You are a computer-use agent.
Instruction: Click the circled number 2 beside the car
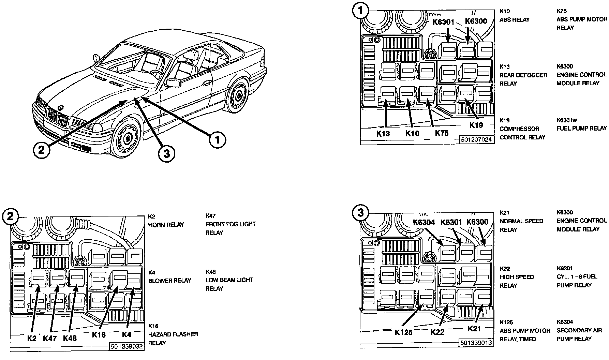click(42, 150)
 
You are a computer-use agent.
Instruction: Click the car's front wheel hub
click(128, 138)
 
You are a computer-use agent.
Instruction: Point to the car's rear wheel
click(238, 96)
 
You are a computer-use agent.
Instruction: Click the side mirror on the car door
click(174, 82)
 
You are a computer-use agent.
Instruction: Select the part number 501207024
click(476, 140)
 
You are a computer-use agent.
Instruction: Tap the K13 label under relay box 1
click(383, 133)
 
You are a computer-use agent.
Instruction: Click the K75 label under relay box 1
click(442, 133)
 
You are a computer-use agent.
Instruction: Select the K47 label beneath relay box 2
click(50, 339)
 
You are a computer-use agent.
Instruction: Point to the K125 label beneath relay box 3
click(404, 332)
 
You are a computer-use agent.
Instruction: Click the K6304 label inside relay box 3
click(424, 222)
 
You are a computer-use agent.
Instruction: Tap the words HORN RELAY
click(166, 225)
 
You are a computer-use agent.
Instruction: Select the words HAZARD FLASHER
click(173, 334)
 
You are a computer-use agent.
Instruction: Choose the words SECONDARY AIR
click(579, 330)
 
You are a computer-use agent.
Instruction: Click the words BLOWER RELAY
click(169, 281)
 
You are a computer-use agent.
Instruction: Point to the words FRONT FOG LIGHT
click(231, 224)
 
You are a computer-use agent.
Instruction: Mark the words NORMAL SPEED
click(521, 221)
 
